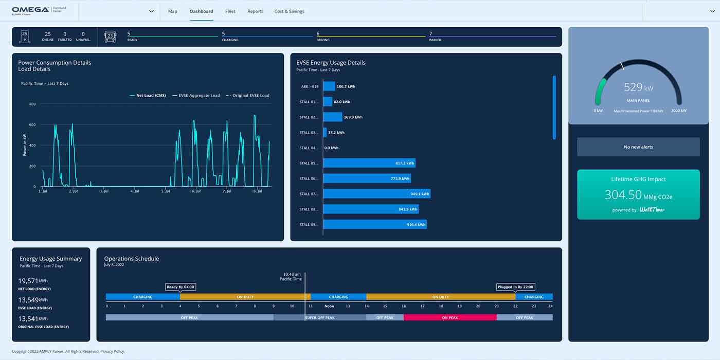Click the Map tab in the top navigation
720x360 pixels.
click(172, 11)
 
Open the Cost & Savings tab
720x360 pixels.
click(289, 11)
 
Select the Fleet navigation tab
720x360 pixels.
click(230, 11)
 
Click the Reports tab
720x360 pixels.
click(255, 11)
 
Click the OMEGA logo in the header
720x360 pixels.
click(31, 10)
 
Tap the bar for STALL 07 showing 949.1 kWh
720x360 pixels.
click(376, 194)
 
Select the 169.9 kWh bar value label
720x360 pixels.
click(353, 117)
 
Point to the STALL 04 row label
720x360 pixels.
click(309, 148)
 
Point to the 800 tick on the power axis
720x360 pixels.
click(32, 104)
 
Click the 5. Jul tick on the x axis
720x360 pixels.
click(166, 191)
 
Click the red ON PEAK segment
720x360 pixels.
click(450, 318)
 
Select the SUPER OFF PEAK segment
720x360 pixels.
click(319, 318)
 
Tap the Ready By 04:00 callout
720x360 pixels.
click(181, 287)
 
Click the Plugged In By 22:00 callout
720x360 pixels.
click(515, 287)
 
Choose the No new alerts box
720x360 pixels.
click(638, 147)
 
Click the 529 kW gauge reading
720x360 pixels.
click(638, 87)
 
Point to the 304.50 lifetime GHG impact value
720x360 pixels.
click(623, 195)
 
